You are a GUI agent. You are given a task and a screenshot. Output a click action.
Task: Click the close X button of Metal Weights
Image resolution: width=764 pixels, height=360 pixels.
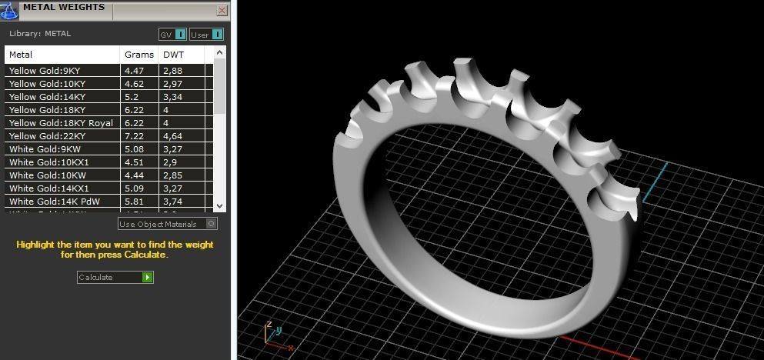222,11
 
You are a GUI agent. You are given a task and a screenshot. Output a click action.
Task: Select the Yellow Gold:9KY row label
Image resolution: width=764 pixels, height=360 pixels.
45,71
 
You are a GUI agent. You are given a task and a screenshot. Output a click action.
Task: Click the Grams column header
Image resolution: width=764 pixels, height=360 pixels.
138,55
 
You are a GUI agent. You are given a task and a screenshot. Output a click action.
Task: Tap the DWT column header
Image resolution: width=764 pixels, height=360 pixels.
172,55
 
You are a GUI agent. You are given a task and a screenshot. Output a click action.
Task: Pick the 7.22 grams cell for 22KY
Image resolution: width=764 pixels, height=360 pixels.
134,136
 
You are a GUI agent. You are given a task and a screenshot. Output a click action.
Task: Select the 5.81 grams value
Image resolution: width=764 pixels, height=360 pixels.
134,202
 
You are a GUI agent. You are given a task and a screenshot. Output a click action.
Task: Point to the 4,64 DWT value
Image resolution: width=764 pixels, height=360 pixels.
172,136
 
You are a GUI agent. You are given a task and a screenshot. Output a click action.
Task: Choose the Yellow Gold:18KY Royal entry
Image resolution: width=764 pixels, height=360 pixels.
61,123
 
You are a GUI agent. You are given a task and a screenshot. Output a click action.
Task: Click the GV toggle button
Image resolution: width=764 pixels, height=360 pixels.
172,35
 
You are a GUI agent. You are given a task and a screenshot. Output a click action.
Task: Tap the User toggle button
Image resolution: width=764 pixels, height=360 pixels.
206,35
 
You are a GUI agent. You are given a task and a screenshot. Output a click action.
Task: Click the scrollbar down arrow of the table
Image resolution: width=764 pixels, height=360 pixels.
220,206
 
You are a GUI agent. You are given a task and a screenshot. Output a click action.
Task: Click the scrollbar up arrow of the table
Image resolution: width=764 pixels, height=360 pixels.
220,53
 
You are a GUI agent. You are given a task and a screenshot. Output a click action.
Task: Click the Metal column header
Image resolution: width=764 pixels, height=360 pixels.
21,55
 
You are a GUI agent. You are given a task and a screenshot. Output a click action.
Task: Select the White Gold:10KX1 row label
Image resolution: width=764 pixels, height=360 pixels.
49,162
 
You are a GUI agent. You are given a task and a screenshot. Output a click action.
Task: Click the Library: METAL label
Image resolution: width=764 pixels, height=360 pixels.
40,34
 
